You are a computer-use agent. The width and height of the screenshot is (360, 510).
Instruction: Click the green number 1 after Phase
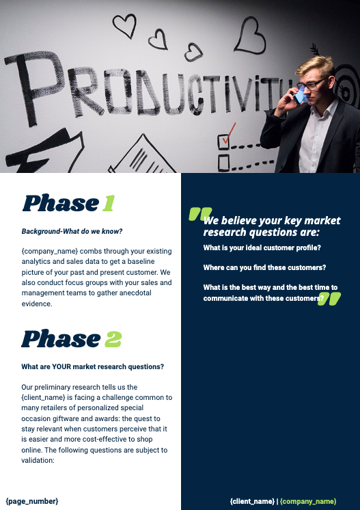pos(108,203)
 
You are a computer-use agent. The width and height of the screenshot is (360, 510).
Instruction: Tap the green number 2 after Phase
pos(113,338)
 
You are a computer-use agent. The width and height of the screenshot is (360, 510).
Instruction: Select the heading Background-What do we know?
pos(72,232)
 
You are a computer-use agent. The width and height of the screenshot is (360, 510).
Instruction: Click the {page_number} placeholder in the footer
pos(32,501)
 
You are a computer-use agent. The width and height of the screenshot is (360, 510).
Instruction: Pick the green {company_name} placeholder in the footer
pos(308,502)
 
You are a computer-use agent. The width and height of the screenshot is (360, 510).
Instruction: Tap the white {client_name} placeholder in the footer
pos(252,502)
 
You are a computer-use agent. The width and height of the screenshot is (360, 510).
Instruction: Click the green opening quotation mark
pos(199,215)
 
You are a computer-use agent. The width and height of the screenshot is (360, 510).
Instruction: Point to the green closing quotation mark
pos(329,298)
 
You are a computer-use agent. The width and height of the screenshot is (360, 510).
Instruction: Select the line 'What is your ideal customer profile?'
pos(262,247)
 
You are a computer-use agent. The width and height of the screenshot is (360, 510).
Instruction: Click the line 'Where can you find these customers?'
pos(264,267)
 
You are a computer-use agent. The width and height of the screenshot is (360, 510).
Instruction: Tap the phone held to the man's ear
pos(299,96)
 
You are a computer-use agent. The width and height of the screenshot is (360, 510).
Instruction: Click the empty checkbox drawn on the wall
pos(223,163)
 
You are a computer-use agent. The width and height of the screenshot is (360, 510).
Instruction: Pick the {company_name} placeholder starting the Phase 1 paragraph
pos(50,252)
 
